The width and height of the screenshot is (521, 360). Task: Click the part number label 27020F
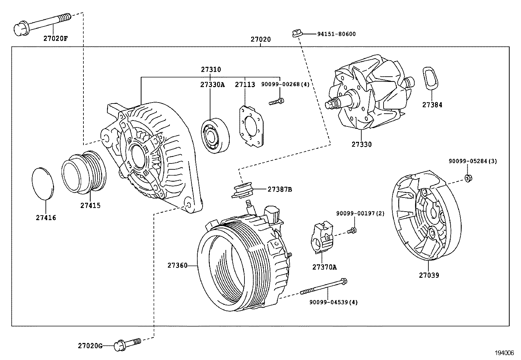click(x=55, y=38)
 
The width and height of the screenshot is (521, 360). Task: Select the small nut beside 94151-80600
click(x=296, y=33)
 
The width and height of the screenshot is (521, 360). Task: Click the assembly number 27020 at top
click(x=261, y=39)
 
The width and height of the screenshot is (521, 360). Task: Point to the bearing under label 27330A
click(x=215, y=135)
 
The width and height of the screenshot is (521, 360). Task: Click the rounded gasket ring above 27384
click(x=430, y=77)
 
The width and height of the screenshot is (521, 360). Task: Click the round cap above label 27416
click(x=43, y=183)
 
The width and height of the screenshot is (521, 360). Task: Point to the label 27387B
click(x=279, y=189)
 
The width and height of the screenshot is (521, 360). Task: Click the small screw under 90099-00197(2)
click(x=352, y=231)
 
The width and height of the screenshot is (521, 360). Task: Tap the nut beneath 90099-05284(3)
click(x=468, y=178)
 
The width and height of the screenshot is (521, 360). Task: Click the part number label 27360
click(x=177, y=265)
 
